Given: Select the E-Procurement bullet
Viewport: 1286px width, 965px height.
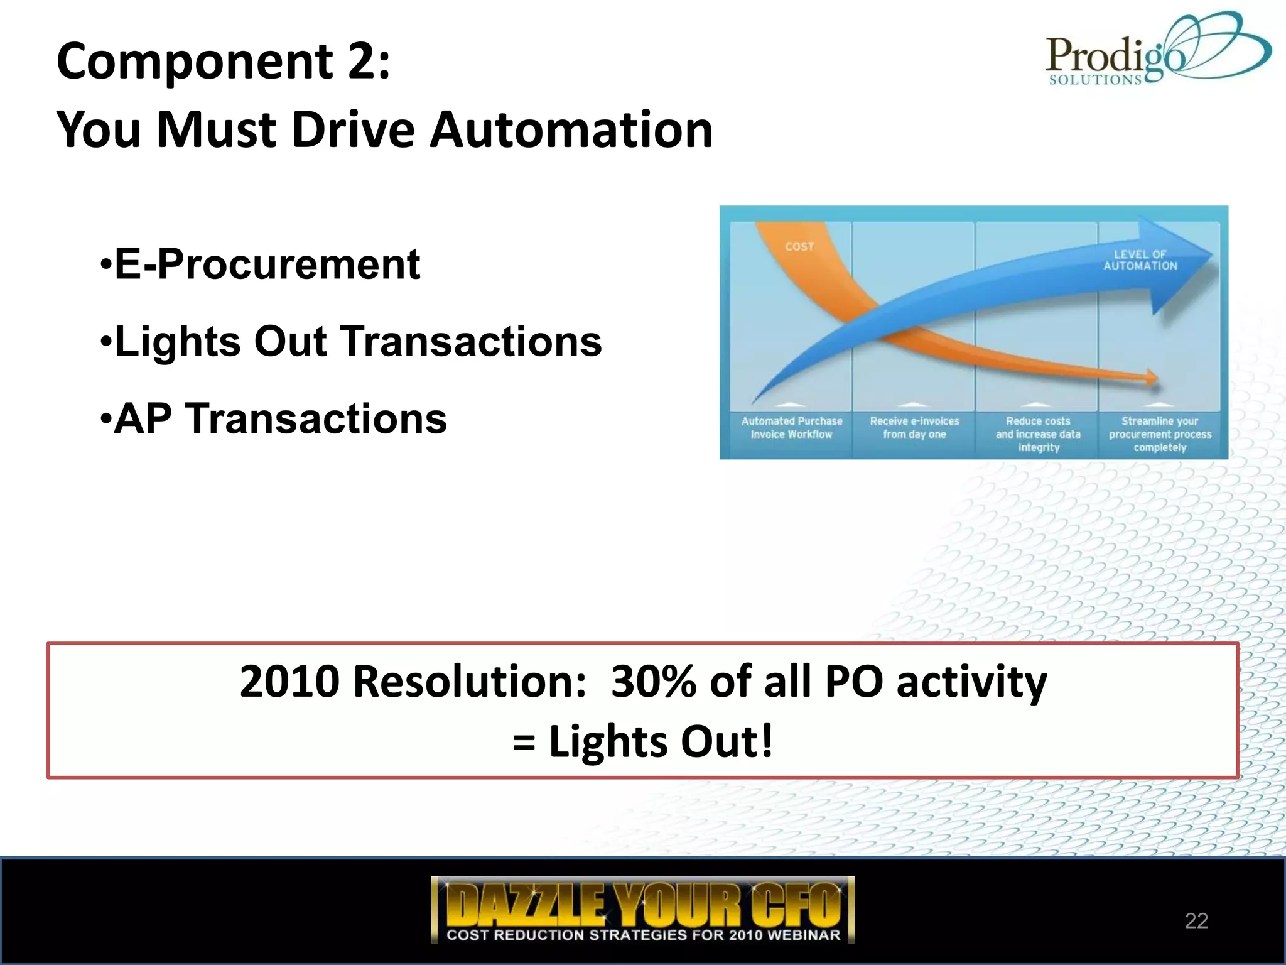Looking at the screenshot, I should pyautogui.click(x=260, y=264).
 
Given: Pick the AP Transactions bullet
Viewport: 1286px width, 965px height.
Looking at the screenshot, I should pyautogui.click(x=274, y=418).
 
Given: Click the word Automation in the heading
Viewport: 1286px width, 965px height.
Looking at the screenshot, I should pyautogui.click(x=571, y=129).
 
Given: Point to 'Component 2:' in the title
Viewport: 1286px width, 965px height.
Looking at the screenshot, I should pyautogui.click(x=224, y=61).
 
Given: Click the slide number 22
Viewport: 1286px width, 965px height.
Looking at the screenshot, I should pyautogui.click(x=1196, y=920).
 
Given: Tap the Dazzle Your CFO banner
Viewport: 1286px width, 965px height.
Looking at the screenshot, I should pyautogui.click(x=643, y=909).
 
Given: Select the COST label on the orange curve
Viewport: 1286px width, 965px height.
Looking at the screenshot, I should pyautogui.click(x=799, y=247).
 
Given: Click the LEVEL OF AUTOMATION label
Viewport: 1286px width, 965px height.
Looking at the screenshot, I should pyautogui.click(x=1140, y=260).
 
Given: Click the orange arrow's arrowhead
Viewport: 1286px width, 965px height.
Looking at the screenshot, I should pyautogui.click(x=1152, y=378).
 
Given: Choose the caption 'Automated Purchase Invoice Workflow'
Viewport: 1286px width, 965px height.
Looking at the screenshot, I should pyautogui.click(x=792, y=428).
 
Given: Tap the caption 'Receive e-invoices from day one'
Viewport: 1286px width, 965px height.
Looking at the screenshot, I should pyautogui.click(x=914, y=428).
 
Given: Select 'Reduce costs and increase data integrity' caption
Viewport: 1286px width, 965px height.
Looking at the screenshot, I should pyautogui.click(x=1038, y=434).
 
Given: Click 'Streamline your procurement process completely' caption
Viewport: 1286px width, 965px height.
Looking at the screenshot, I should pyautogui.click(x=1160, y=434).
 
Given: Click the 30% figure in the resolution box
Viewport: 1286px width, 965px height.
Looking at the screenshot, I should pyautogui.click(x=654, y=682).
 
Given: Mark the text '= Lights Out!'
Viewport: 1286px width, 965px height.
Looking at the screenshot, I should pyautogui.click(x=643, y=741).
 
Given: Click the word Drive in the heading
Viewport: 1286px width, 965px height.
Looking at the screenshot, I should pyautogui.click(x=353, y=129).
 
